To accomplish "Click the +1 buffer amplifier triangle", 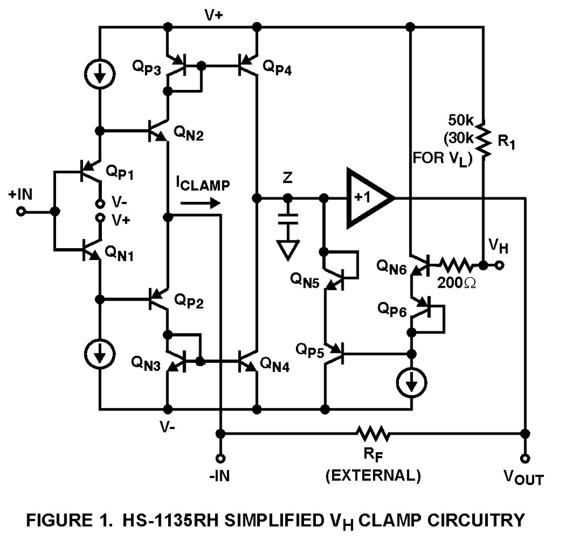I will point(367,198).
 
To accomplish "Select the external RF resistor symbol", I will point(373,434).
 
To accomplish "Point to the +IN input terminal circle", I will point(21,211).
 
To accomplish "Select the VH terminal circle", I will point(500,265).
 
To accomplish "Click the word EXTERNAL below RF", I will point(373,476).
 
